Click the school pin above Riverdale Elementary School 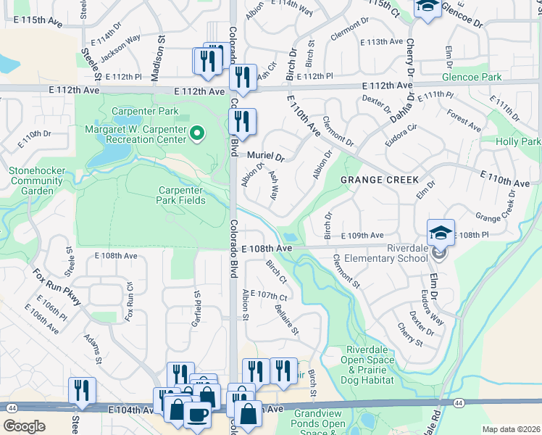pos(440,233)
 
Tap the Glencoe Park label pos(475,77)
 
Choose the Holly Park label pos(518,141)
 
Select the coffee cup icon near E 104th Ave pos(196,414)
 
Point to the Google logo pos(24,426)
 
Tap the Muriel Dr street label pos(266,156)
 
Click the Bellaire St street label pos(287,320)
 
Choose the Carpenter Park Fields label pos(182,195)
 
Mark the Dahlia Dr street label pos(401,108)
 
